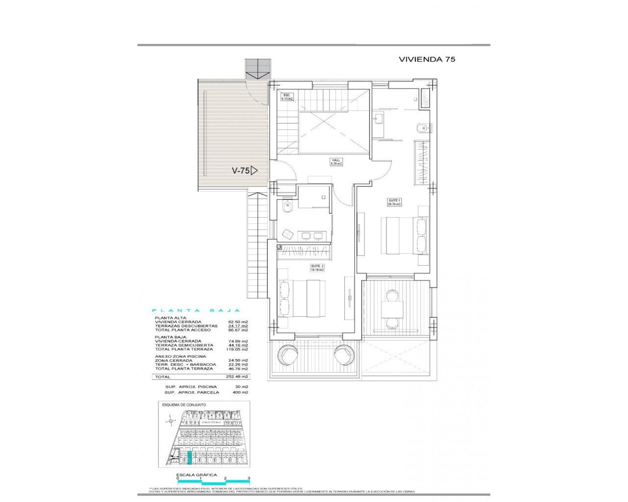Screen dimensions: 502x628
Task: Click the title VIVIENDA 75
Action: pyautogui.click(x=427, y=59)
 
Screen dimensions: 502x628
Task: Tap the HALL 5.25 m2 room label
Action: pyautogui.click(x=336, y=162)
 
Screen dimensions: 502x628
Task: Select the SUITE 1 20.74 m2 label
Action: pyautogui.click(x=395, y=202)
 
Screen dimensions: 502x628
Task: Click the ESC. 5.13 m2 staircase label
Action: pyautogui.click(x=287, y=97)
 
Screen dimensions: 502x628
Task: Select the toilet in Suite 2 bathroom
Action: pyautogui.click(x=288, y=208)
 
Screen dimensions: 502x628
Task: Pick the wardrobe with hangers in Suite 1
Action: pyautogui.click(x=421, y=162)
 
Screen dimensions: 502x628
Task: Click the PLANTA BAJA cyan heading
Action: pyautogui.click(x=196, y=310)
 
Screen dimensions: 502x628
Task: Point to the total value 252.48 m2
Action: pyautogui.click(x=239, y=377)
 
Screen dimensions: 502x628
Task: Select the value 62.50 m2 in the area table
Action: pyautogui.click(x=239, y=322)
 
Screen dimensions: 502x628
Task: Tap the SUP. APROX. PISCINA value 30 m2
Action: pyautogui.click(x=243, y=387)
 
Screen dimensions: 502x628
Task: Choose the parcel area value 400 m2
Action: pyautogui.click(x=241, y=393)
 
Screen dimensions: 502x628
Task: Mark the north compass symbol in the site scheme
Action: pyautogui.click(x=170, y=421)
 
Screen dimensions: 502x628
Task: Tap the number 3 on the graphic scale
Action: pyautogui.click(x=249, y=478)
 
